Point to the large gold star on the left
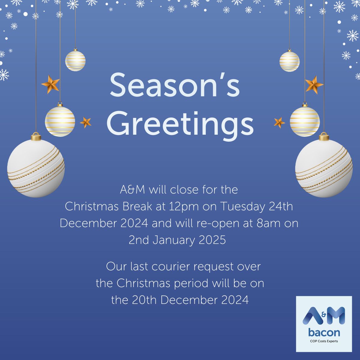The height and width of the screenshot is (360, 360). pos(50,84)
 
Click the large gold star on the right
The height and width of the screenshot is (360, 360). pos(314,85)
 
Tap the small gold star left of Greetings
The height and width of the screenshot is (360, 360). pos(86,122)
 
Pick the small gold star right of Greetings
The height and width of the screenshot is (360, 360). pos(279,122)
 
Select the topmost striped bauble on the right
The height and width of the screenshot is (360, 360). pos(289,61)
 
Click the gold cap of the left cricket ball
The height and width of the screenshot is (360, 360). pos(36,137)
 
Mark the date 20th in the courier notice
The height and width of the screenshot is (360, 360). pos(145,300)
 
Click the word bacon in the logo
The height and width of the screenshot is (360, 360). pos(324,332)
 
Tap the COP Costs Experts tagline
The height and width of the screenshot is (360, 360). pos(324,341)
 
